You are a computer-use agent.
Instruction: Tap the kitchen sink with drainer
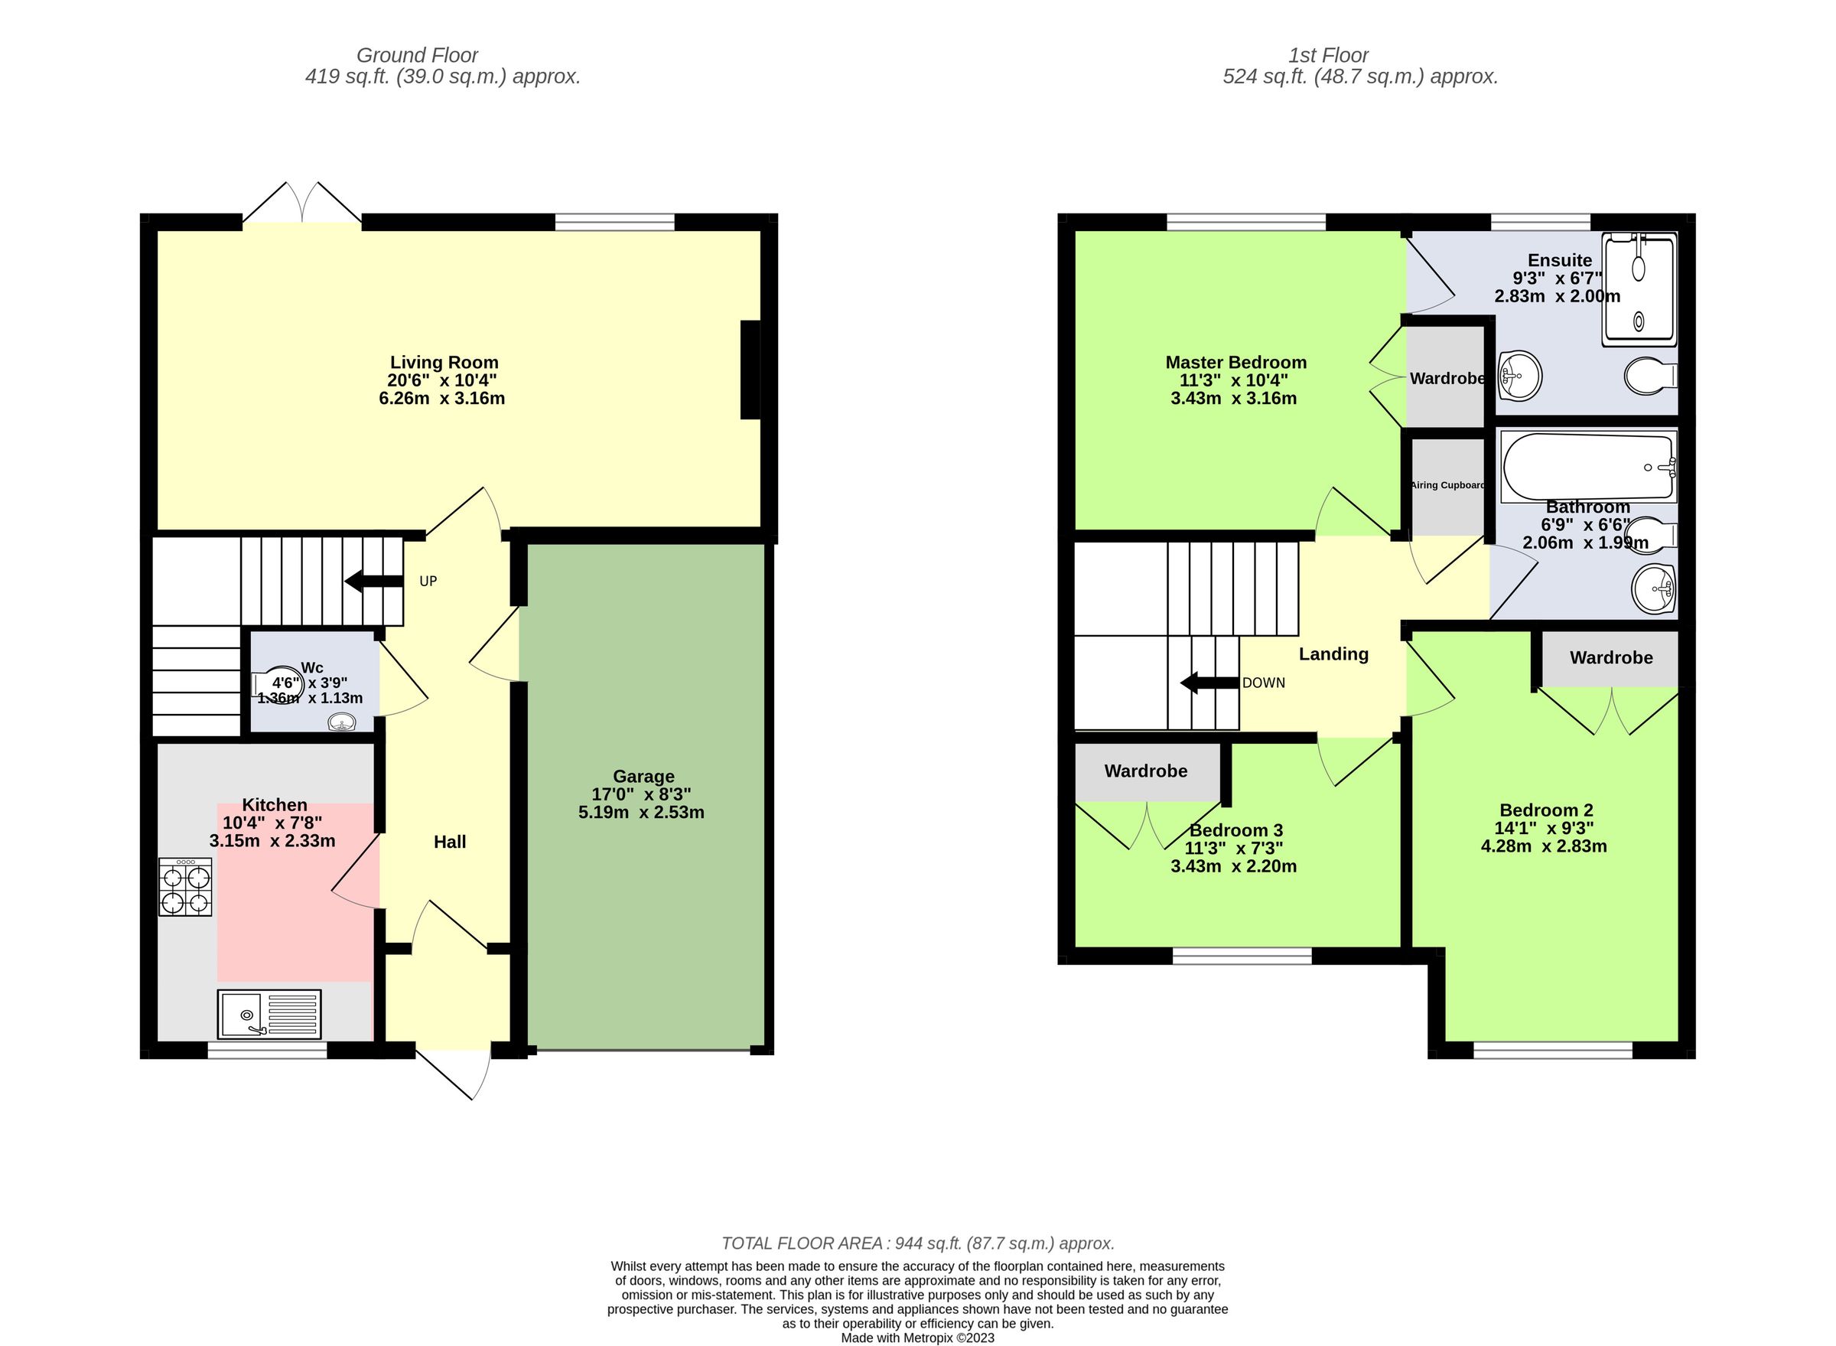pyautogui.click(x=269, y=1014)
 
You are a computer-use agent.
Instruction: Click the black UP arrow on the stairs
pyautogui.click(x=373, y=581)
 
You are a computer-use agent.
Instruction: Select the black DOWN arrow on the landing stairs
pyautogui.click(x=1209, y=683)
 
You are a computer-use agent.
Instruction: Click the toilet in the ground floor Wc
pyautogui.click(x=282, y=684)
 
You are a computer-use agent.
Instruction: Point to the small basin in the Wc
pyautogui.click(x=342, y=721)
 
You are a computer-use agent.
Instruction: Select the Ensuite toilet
pyautogui.click(x=1649, y=376)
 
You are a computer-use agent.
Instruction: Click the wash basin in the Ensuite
pyautogui.click(x=1519, y=376)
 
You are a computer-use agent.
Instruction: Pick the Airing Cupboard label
pyautogui.click(x=1447, y=485)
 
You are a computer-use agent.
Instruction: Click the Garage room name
pyautogui.click(x=643, y=777)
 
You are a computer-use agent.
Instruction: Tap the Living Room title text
pyautogui.click(x=444, y=363)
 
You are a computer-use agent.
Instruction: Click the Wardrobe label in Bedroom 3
pyautogui.click(x=1145, y=771)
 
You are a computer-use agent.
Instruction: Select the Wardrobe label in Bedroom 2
pyautogui.click(x=1610, y=657)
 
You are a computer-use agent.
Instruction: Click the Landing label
pyautogui.click(x=1333, y=653)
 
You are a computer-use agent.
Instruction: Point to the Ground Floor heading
pyautogui.click(x=417, y=55)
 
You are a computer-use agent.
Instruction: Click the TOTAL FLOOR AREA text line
pyautogui.click(x=917, y=1243)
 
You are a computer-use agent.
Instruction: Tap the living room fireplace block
pyautogui.click(x=750, y=370)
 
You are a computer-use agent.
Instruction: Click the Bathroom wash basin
pyautogui.click(x=1653, y=588)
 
